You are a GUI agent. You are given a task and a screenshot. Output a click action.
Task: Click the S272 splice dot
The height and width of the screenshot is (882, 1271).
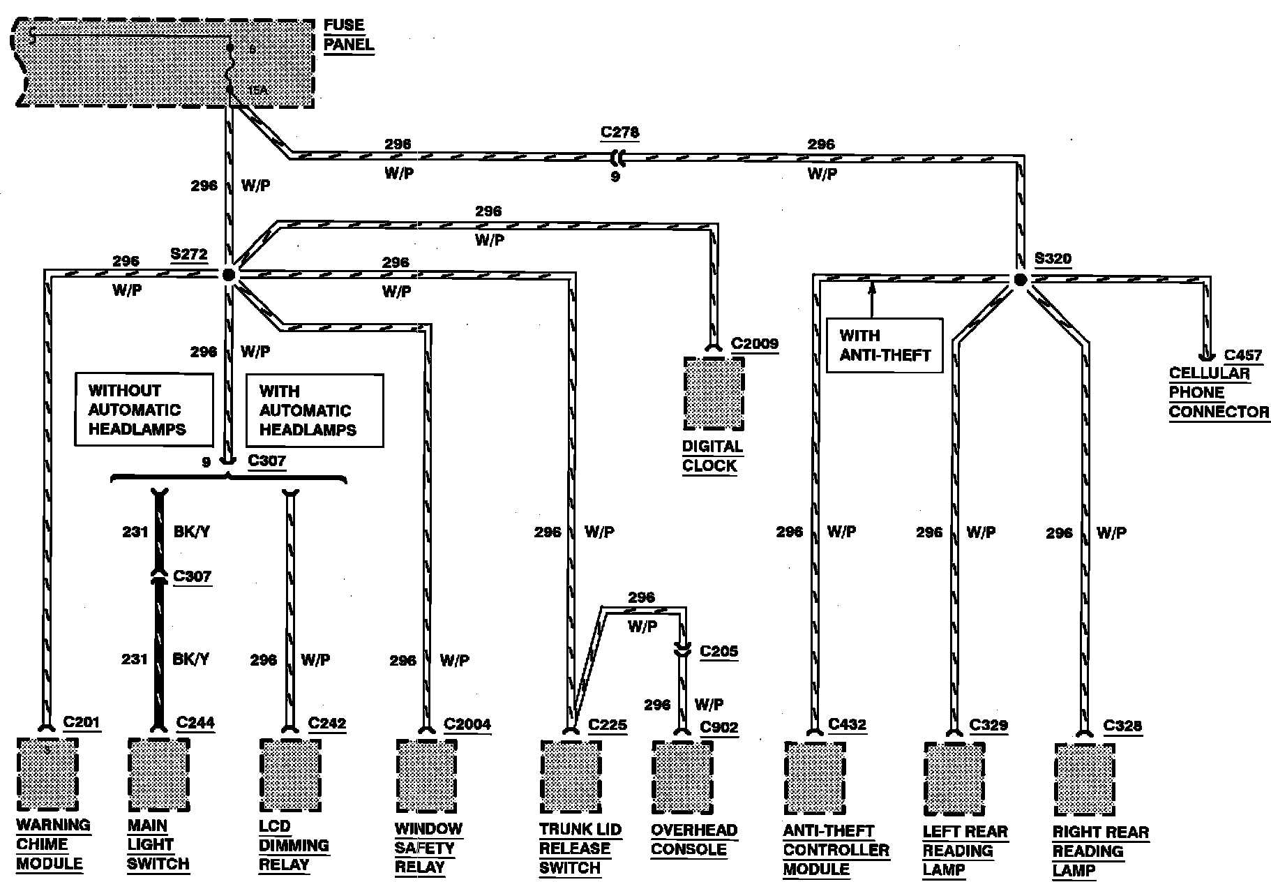[229, 276]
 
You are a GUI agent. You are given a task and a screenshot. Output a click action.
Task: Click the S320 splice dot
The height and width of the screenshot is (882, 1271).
[1020, 280]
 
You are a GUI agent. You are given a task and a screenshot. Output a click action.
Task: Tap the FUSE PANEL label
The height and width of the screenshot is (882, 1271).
[348, 35]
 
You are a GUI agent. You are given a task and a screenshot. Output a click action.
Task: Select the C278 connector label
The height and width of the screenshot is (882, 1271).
[619, 133]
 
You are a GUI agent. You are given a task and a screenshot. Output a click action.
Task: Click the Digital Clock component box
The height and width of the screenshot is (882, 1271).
[714, 394]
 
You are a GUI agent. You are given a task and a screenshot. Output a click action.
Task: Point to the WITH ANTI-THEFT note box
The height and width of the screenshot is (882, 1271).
[884, 345]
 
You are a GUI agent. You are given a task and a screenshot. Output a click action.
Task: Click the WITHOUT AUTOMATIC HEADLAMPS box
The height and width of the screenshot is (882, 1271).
[144, 410]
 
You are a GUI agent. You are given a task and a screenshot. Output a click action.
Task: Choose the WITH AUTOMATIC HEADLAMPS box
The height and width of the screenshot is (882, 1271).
[314, 410]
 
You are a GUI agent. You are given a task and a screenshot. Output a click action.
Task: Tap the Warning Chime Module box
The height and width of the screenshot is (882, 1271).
[47, 774]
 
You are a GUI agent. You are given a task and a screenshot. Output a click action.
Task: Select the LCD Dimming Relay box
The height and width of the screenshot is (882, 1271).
[290, 775]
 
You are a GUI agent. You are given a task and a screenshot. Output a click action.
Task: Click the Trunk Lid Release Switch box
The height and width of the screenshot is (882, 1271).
[571, 777]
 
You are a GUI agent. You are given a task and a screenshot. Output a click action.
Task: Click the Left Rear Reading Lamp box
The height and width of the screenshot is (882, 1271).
[954, 779]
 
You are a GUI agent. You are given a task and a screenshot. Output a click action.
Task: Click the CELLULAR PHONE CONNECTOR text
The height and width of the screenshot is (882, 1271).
[1218, 393]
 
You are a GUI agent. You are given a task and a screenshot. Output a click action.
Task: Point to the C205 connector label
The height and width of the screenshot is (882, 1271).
[719, 651]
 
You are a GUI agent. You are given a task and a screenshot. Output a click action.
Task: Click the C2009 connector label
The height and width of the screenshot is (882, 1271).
[754, 343]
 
